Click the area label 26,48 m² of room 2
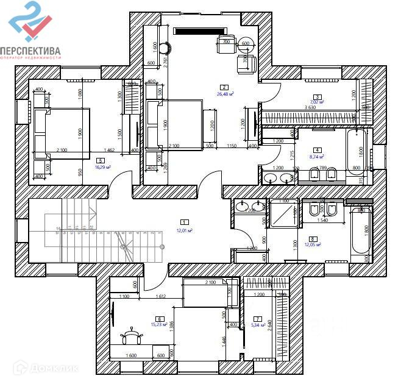(x=225, y=94)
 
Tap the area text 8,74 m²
(x=318, y=157)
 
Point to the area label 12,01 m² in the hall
(x=184, y=230)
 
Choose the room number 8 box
(x=313, y=238)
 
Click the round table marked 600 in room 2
(x=246, y=44)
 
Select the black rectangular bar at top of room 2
(x=200, y=31)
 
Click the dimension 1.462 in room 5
(x=110, y=150)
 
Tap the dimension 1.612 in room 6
(x=161, y=297)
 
